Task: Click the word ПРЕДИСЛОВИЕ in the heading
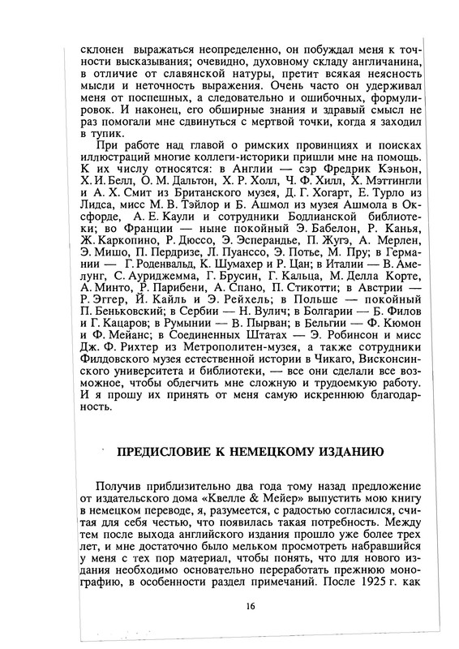click(x=160, y=450)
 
